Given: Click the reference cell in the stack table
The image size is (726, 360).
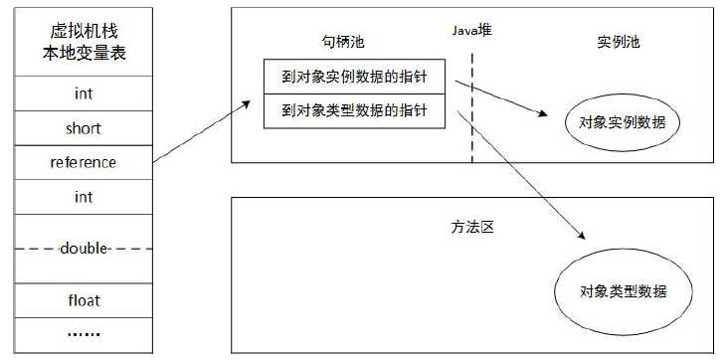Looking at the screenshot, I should click(83, 162).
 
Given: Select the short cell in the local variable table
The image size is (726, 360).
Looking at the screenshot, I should click(83, 128).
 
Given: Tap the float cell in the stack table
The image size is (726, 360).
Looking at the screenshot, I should click(83, 299).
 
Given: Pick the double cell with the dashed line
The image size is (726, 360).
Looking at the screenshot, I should click(83, 248).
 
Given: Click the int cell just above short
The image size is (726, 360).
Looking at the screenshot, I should click(83, 94).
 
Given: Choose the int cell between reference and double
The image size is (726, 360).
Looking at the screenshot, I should click(83, 197).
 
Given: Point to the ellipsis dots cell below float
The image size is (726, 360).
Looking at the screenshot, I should click(83, 334).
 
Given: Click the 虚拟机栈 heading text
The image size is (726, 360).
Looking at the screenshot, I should click(83, 30).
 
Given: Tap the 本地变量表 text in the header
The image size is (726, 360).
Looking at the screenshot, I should click(83, 53).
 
